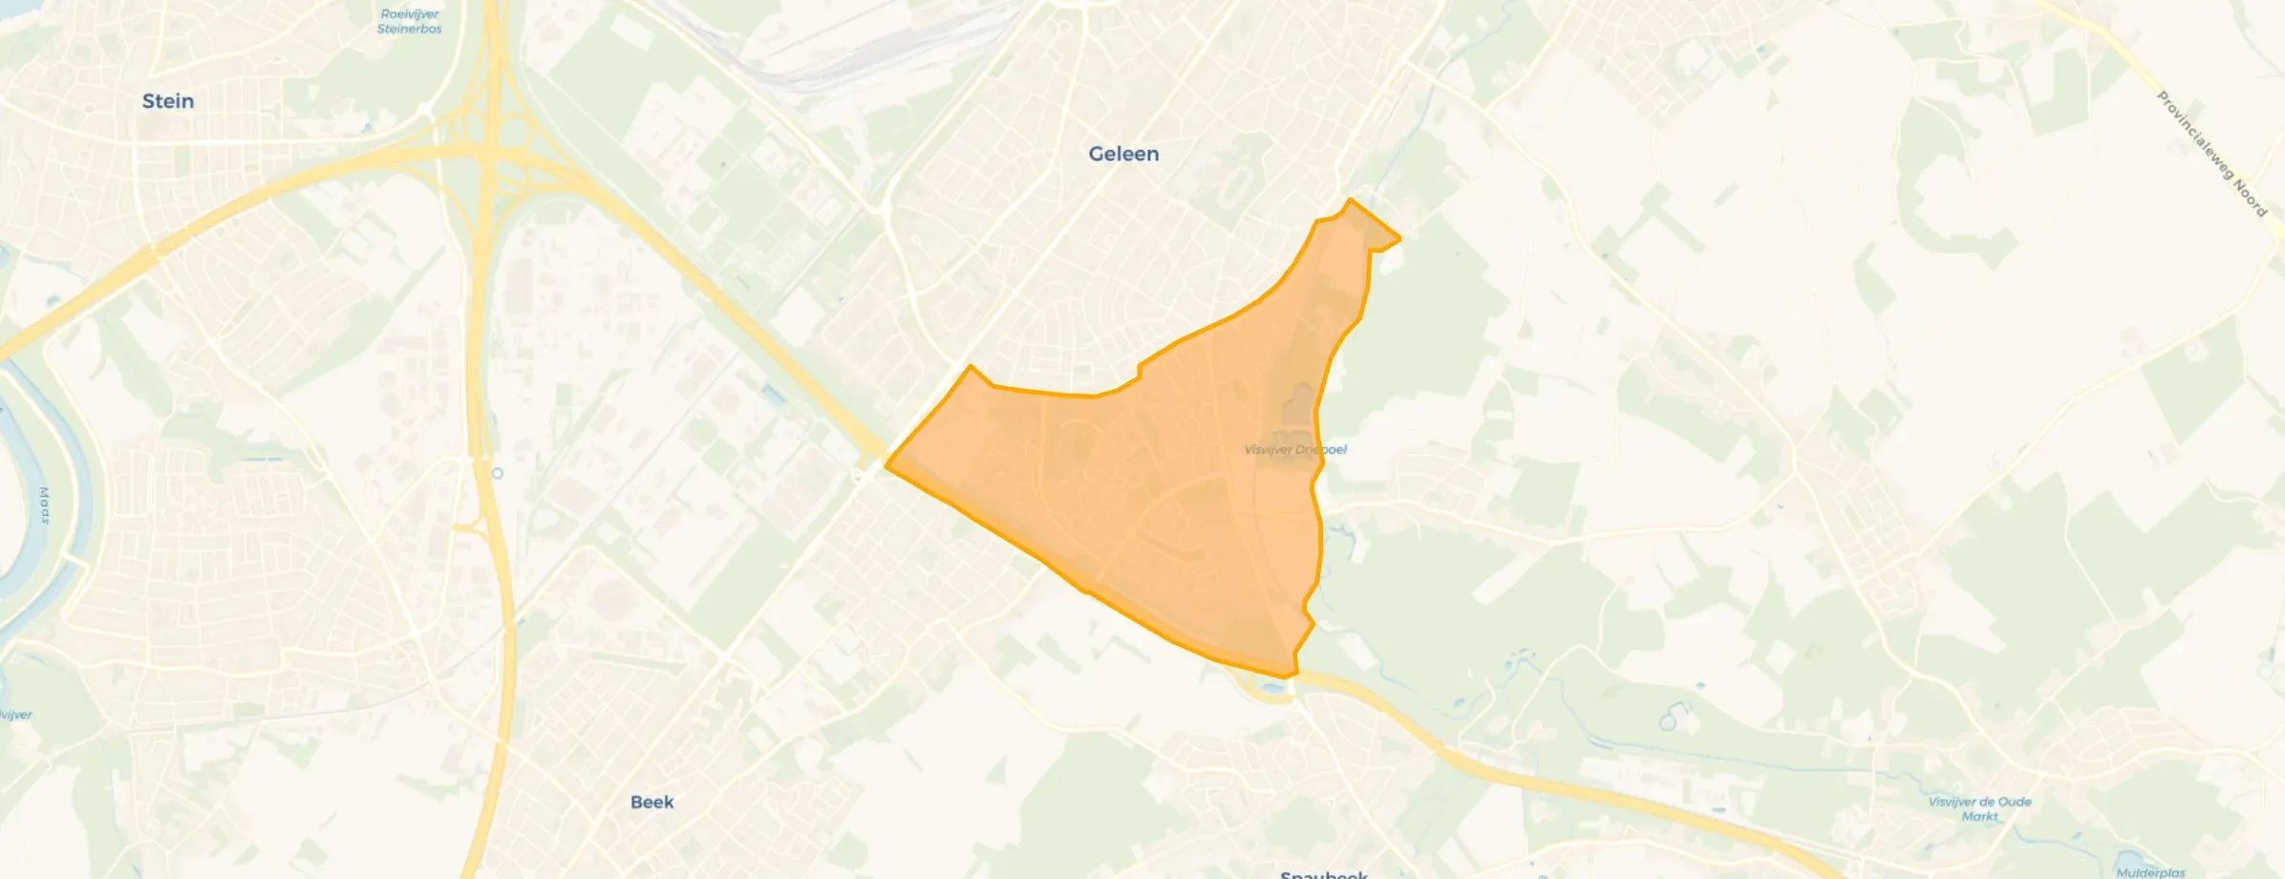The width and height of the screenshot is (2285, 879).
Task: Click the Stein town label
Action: pyautogui.click(x=168, y=101)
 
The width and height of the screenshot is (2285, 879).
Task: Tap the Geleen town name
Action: pyautogui.click(x=1123, y=154)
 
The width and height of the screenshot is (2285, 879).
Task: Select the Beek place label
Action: pyautogui.click(x=651, y=803)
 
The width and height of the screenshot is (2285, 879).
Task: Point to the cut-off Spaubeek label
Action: pyautogui.click(x=1323, y=873)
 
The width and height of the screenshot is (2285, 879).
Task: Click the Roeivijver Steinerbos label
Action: pyautogui.click(x=409, y=21)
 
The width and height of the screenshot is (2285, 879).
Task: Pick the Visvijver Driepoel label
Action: pyautogui.click(x=1295, y=449)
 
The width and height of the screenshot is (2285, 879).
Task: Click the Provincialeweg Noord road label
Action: pyautogui.click(x=2211, y=153)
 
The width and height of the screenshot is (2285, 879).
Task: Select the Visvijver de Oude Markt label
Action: pyautogui.click(x=1979, y=808)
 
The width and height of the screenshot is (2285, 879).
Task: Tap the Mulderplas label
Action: pyautogui.click(x=2150, y=872)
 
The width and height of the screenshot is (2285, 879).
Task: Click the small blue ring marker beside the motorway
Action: pyautogui.click(x=497, y=473)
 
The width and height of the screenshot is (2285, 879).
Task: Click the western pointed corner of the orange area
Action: pyautogui.click(x=887, y=466)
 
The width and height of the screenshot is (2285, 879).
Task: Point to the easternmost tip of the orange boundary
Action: pyautogui.click(x=1399, y=238)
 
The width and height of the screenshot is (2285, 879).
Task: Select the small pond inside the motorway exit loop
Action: pyautogui.click(x=1271, y=688)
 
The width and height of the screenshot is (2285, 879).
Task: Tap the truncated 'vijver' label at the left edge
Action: pyautogui.click(x=15, y=715)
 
